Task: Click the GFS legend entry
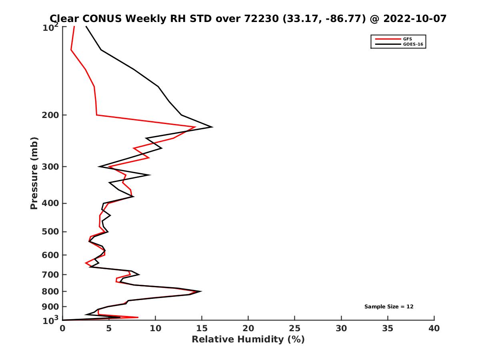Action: [408, 39]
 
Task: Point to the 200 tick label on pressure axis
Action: [51, 115]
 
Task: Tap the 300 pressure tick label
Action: [51, 166]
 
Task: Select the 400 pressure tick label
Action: [51, 203]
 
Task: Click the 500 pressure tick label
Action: [51, 232]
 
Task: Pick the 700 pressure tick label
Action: [51, 274]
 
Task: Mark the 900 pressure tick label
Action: [51, 307]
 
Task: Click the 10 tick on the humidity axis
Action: [156, 328]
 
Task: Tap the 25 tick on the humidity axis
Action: [295, 328]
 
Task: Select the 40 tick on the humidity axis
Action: [434, 328]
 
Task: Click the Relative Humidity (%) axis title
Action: [248, 340]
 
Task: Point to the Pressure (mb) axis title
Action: [34, 173]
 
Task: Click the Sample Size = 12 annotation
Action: [389, 307]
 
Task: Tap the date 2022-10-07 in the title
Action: [414, 18]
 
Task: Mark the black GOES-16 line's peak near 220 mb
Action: [212, 127]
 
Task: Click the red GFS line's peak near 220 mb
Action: [195, 127]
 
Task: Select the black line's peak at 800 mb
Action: [201, 291]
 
